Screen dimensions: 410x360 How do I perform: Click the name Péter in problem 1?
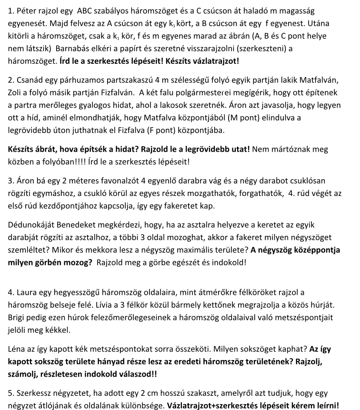[x=27, y=11]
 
